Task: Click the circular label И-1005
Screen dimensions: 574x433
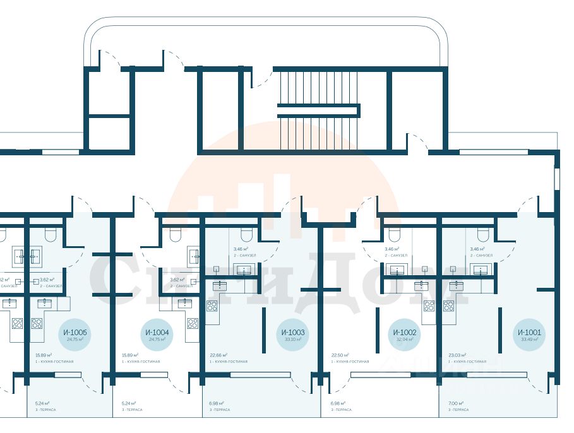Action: pos(75,335)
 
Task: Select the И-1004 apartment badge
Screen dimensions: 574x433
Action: pos(157,335)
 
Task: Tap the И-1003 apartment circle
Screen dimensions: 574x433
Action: pos(292,335)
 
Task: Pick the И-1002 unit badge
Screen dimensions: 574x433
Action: pos(404,335)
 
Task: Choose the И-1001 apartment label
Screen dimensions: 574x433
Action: pos(529,335)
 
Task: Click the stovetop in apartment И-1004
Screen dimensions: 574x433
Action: pos(192,323)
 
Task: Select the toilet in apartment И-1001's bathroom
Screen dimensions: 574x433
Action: pos(483,235)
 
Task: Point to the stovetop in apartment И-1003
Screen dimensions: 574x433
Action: pos(212,306)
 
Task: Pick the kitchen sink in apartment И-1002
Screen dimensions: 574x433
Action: pos(421,285)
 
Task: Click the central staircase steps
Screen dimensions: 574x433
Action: pos(318,110)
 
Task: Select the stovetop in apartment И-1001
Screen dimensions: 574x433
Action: pos(449,306)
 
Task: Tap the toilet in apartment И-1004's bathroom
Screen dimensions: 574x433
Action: pos(177,235)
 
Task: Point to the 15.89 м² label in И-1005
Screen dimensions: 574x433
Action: pos(44,355)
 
